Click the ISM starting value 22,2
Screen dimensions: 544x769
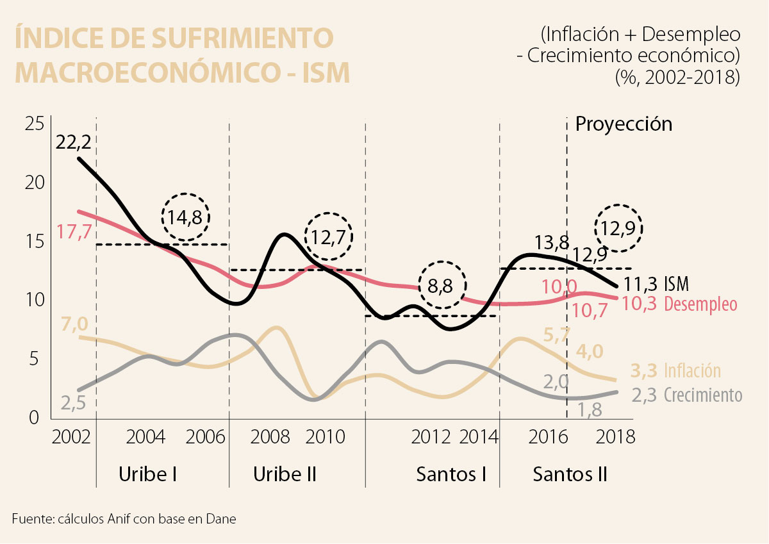[74, 142]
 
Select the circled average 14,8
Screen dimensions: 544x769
[186, 217]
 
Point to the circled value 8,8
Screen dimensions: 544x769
[442, 286]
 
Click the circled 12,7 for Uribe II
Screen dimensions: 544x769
[329, 236]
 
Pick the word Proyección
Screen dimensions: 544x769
[624, 123]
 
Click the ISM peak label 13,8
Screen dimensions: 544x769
[552, 243]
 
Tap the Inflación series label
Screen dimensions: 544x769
[692, 370]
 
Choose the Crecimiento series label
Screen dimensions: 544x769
[702, 395]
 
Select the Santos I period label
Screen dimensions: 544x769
[451, 475]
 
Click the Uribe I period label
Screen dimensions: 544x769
[148, 475]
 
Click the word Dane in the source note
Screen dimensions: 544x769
[222, 518]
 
